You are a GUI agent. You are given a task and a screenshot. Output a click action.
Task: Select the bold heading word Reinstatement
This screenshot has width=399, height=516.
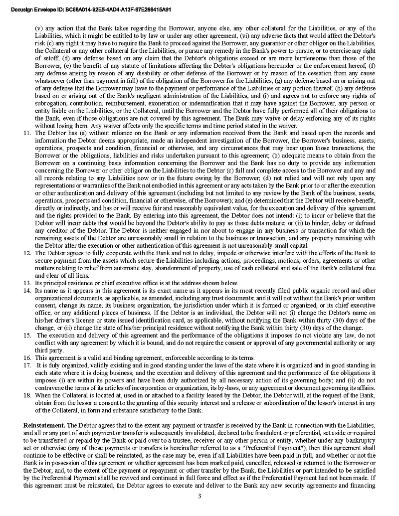pyautogui.click(x=44, y=425)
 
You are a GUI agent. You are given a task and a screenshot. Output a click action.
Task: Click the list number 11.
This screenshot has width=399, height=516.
pyautogui.click(x=27, y=133)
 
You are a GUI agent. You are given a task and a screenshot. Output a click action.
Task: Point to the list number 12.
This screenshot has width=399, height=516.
pyautogui.click(x=27, y=253)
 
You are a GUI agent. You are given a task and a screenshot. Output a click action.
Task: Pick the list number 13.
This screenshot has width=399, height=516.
pyautogui.click(x=27, y=283)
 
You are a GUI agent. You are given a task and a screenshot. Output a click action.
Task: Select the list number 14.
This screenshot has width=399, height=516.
pyautogui.click(x=27, y=290)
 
